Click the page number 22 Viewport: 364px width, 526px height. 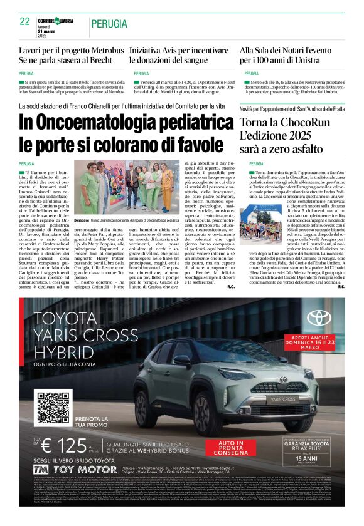[x=25, y=21]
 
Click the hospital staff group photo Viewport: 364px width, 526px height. [x=127, y=188]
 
